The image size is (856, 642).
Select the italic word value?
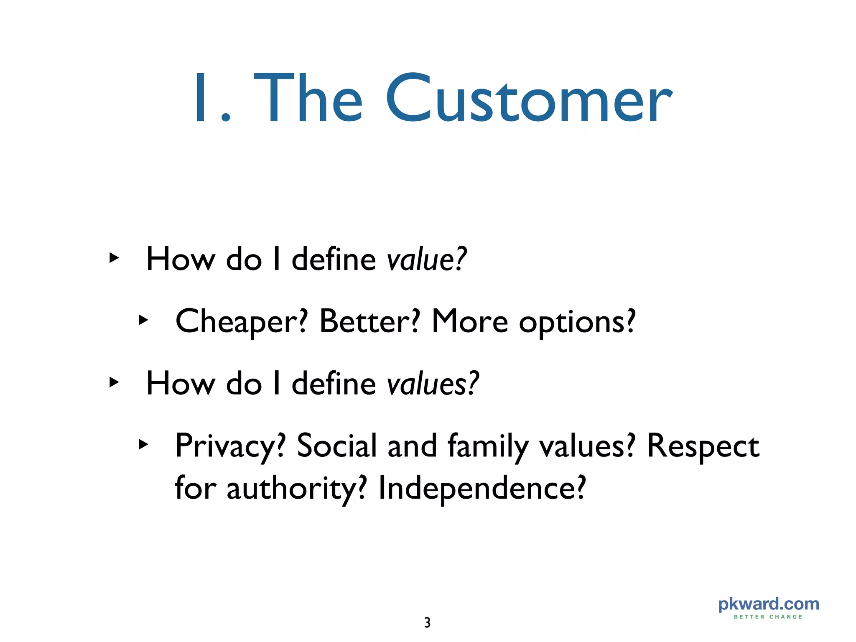(426, 259)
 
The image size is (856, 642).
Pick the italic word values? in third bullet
(433, 384)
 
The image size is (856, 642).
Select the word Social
(337, 446)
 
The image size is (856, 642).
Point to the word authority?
(297, 488)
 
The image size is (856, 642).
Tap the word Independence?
(482, 488)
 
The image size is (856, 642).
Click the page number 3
(427, 623)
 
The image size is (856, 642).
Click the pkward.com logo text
(768, 604)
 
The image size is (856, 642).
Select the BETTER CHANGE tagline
(768, 617)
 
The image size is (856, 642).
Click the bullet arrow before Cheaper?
(143, 321)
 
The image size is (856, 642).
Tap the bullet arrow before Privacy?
(143, 445)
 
